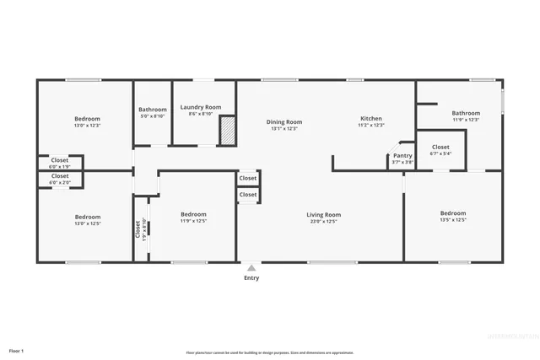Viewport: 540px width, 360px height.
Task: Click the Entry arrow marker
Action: click(251, 268)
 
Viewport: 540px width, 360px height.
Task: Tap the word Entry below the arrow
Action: click(251, 278)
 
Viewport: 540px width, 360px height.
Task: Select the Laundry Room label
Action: click(201, 107)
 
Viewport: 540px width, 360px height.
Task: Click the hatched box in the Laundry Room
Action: click(228, 132)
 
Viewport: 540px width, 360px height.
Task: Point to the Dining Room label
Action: click(284, 121)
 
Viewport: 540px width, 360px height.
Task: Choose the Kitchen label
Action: click(371, 119)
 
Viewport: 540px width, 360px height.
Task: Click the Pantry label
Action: click(402, 155)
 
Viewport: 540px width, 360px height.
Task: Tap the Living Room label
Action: click(323, 215)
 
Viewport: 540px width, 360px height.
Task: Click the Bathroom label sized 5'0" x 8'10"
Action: click(153, 109)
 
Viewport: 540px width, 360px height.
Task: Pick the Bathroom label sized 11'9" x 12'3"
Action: click(465, 113)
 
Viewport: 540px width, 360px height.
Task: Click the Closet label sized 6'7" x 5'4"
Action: click(440, 147)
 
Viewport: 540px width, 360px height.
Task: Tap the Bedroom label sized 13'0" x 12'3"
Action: click(87, 118)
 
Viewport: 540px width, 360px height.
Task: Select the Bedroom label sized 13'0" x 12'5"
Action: click(87, 217)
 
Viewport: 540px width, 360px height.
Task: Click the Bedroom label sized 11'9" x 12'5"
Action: click(193, 214)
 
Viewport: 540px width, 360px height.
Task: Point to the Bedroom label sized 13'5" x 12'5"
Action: click(453, 213)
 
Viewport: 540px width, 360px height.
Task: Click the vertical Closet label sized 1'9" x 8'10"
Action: click(137, 228)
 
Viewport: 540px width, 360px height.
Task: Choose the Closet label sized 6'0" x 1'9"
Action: click(60, 159)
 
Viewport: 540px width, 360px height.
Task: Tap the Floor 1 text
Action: click(17, 350)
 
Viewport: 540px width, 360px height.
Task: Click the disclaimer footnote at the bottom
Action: click(270, 353)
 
